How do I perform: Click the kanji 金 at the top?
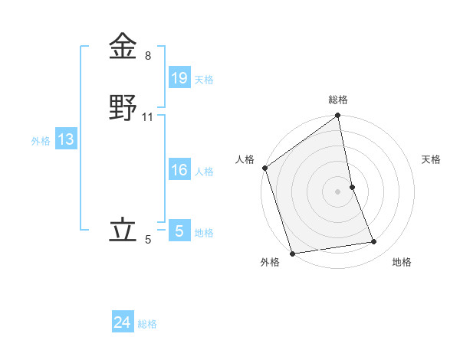coord(123,47)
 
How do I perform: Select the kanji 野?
coord(123,108)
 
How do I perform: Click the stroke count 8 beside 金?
coord(148,56)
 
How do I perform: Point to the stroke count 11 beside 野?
coord(148,117)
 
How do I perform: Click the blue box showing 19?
coord(179,77)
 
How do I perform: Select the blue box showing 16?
coord(179,170)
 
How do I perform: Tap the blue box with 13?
coord(65,139)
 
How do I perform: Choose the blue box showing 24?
coord(122,322)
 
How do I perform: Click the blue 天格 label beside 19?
coord(203,79)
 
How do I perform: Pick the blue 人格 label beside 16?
coord(204,172)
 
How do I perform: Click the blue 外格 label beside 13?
coord(41,141)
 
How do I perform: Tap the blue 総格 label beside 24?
coord(147,324)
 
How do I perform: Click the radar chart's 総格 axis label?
coord(338,100)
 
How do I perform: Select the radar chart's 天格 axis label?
coord(431,159)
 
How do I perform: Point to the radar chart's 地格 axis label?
coord(402,263)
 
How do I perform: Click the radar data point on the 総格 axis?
coord(338,116)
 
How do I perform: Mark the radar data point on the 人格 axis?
coord(264,168)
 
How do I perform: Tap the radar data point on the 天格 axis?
coord(352,187)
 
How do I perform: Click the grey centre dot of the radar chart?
coord(338,191)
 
